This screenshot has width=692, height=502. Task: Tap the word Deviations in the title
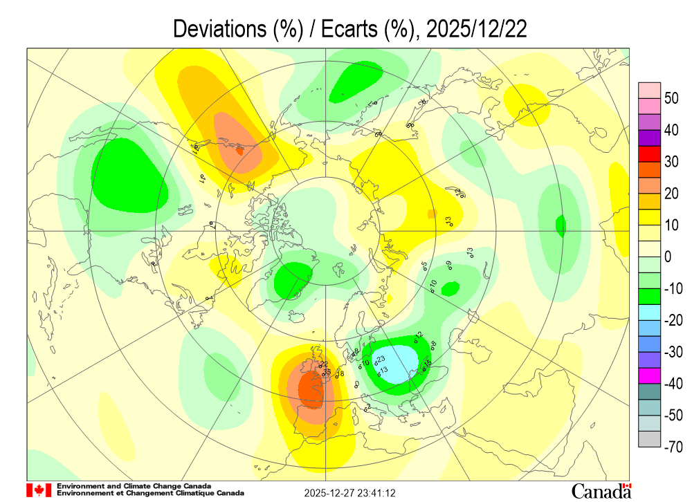pyautogui.click(x=212, y=29)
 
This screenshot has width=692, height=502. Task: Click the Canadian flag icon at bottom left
pyautogui.click(x=39, y=490)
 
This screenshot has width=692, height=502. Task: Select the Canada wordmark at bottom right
pyautogui.click(x=601, y=490)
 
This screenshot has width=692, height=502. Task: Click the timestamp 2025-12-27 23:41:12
pyautogui.click(x=350, y=493)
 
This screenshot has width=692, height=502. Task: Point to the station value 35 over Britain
pyautogui.click(x=327, y=371)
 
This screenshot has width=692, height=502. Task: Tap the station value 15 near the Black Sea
pyautogui.click(x=428, y=363)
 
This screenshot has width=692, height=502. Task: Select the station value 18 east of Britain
pyautogui.click(x=340, y=374)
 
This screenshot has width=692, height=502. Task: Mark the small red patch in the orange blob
pyautogui.click(x=240, y=150)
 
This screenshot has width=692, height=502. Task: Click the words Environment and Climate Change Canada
pyautogui.click(x=134, y=486)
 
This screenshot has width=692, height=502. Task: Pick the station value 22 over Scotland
pyautogui.click(x=323, y=364)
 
